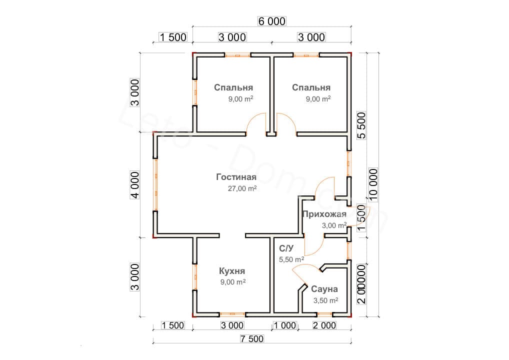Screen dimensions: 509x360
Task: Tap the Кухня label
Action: [x=231, y=271]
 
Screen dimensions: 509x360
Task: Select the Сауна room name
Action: [x=324, y=289]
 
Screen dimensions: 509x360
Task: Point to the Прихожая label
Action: [x=324, y=214]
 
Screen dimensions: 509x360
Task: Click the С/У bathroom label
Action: [x=286, y=248]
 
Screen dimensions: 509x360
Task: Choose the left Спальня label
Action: [x=233, y=87]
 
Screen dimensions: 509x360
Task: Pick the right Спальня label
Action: [x=311, y=87]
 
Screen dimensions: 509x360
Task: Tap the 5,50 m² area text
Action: [x=291, y=259]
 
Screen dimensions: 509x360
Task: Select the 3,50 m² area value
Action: [x=325, y=300]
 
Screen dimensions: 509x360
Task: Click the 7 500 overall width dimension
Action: [x=251, y=339]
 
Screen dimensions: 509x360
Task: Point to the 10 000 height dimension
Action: [x=373, y=184]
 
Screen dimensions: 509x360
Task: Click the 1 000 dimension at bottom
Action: [x=284, y=326]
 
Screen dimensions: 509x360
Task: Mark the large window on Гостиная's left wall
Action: [x=155, y=185]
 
